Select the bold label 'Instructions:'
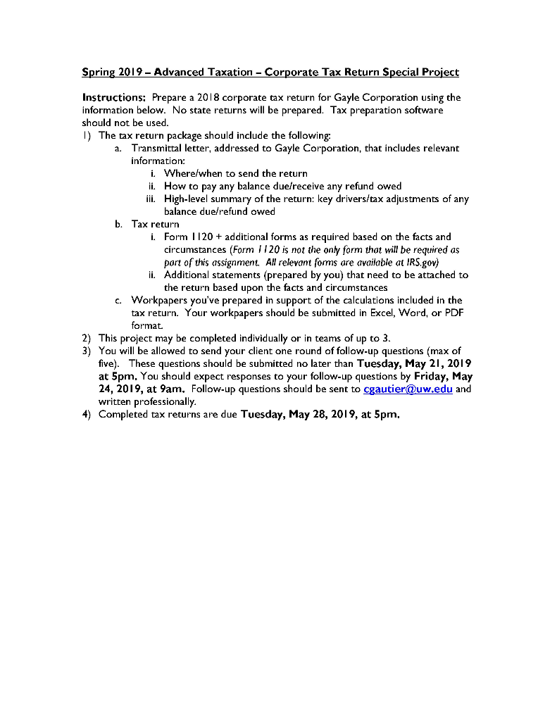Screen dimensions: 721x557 click(x=114, y=97)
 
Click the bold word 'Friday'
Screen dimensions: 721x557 click(x=432, y=376)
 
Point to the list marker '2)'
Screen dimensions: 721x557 click(x=87, y=338)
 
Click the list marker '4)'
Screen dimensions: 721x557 click(x=87, y=414)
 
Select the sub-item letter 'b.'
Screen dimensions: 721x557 click(x=119, y=224)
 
